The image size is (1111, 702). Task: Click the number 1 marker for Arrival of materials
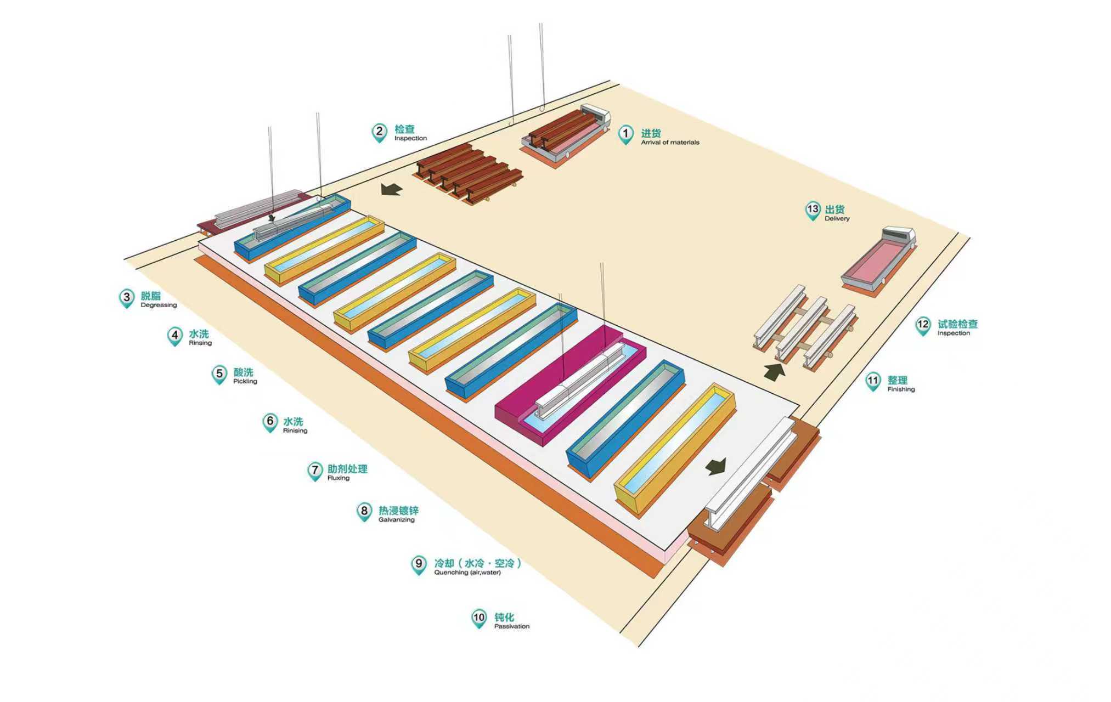[625, 134]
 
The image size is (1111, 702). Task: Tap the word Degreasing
[159, 305]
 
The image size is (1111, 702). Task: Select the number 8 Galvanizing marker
[364, 512]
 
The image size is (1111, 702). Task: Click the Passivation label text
[512, 626]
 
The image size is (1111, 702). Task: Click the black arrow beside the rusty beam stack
[392, 189]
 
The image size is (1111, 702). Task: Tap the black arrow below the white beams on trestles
[774, 372]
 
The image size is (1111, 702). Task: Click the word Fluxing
[339, 478]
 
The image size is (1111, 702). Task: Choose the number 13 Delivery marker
[813, 211]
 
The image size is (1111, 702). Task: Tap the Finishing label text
[901, 389]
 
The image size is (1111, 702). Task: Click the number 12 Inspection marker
[923, 326]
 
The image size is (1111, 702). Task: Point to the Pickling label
[245, 381]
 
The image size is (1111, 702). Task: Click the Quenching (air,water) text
[467, 573]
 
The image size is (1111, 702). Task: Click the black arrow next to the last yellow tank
[716, 466]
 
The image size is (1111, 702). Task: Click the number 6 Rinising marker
[270, 423]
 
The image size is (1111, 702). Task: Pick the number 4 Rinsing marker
[175, 336]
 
